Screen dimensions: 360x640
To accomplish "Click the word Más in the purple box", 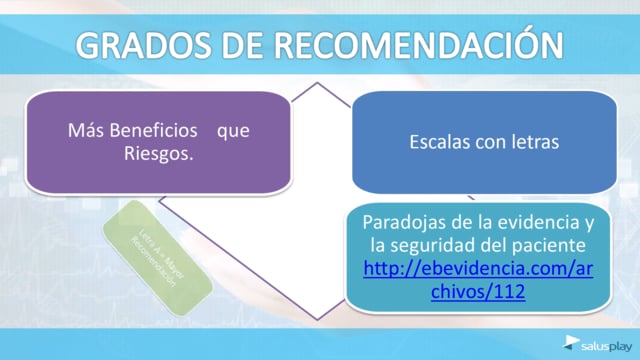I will (83, 132).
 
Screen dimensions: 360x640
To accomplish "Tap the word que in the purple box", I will (233, 132).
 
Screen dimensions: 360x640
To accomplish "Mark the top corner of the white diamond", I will (320, 83).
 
